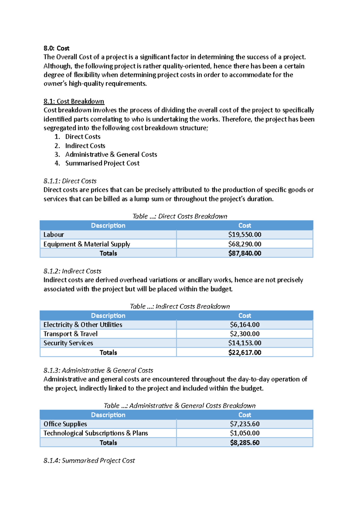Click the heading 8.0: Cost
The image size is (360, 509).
click(56, 48)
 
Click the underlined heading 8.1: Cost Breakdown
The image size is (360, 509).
click(74, 101)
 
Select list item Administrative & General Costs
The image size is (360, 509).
click(111, 154)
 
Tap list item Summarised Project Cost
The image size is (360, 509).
click(102, 163)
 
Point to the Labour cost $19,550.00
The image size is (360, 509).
click(244, 234)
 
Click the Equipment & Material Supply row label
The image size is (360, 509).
click(87, 244)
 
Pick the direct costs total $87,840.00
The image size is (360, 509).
click(244, 253)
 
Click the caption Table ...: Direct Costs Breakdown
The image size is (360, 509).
click(180, 216)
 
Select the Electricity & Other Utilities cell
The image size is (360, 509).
click(83, 325)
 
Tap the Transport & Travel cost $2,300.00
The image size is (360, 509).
click(244, 334)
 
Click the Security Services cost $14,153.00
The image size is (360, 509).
click(244, 343)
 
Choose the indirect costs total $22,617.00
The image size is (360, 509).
click(244, 353)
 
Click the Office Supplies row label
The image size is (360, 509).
click(65, 424)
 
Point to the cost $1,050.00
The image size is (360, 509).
click(244, 433)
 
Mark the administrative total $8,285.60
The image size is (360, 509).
click(244, 443)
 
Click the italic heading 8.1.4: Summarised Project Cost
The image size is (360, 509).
click(89, 460)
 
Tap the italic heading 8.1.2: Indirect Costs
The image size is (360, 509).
click(72, 271)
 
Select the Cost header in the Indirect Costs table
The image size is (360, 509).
click(244, 315)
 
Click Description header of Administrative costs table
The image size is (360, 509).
click(108, 415)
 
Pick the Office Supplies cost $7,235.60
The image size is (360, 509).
click(244, 424)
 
